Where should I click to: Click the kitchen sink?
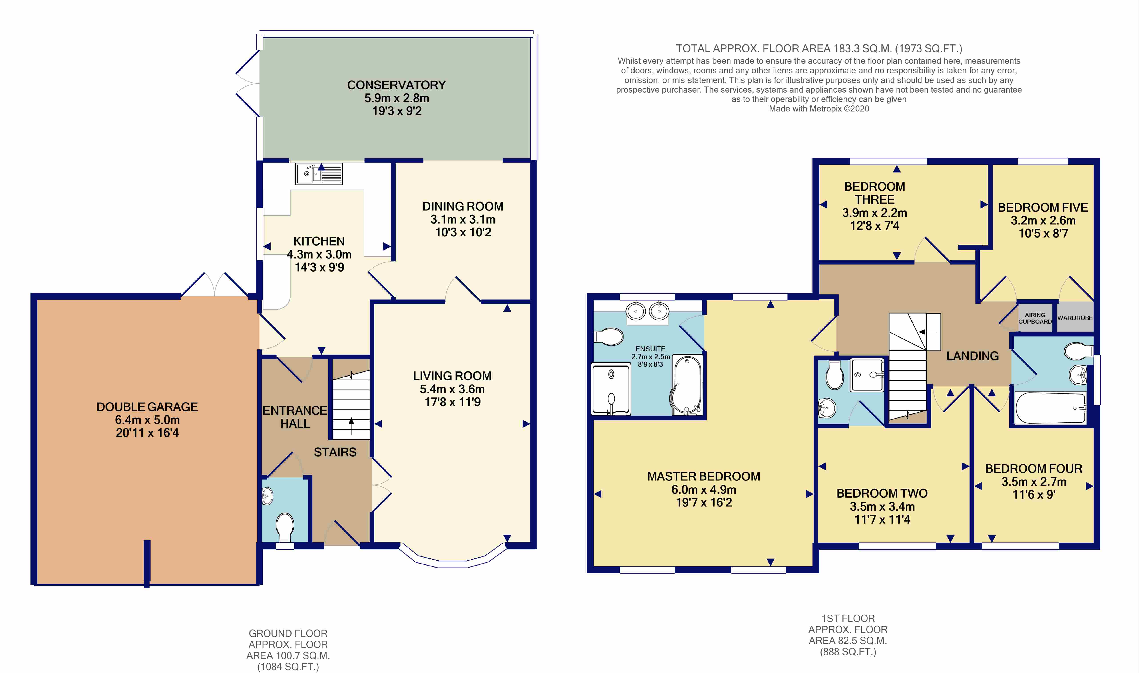point(319,174)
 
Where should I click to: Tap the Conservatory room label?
point(397,85)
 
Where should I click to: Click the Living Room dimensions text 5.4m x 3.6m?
point(452,389)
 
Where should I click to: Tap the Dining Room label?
point(463,206)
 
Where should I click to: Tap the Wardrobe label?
point(1075,318)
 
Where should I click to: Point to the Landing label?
point(972,356)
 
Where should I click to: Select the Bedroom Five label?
point(1043,208)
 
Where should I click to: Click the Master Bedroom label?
point(704,477)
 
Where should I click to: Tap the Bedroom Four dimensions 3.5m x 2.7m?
point(1033,482)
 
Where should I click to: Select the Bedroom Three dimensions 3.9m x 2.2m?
point(874,213)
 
